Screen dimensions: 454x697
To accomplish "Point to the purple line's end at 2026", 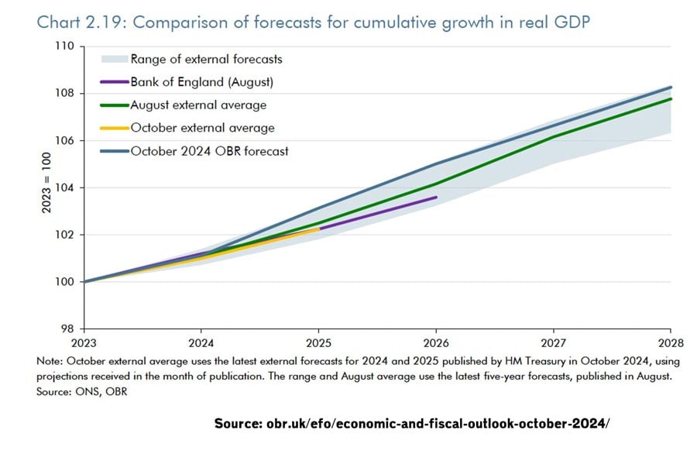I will (x=436, y=198).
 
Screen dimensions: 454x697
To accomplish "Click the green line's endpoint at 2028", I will (x=671, y=98).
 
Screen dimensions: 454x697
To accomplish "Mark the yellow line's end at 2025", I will (x=319, y=229).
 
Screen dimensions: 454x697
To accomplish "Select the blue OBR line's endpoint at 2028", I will (x=671, y=87).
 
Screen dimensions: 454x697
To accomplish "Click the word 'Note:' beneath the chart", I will (x=50, y=361).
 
